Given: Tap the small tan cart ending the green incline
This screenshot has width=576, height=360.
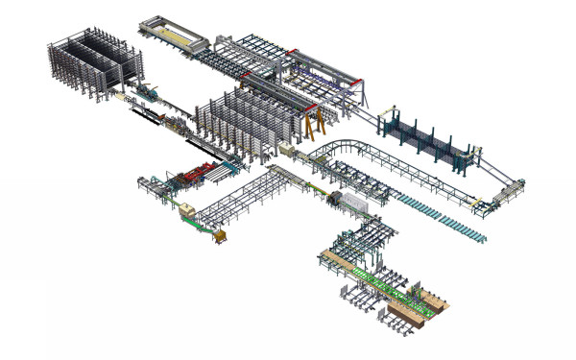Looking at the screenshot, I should (x=222, y=236).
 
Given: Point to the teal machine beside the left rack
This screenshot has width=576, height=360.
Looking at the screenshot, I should (x=149, y=92).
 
